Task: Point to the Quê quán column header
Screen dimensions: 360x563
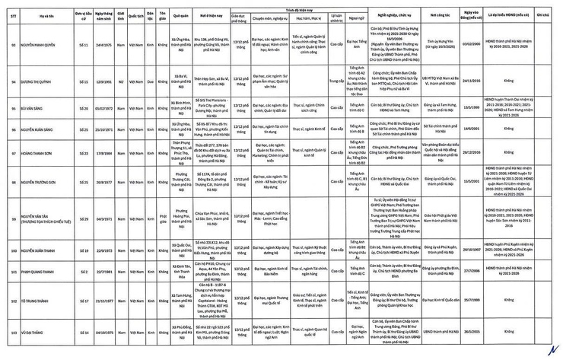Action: [181, 15]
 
